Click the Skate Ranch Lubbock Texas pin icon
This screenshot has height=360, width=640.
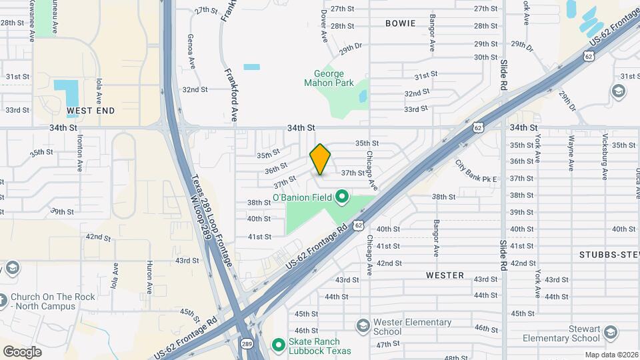(279, 345)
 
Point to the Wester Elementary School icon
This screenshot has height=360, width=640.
(363, 326)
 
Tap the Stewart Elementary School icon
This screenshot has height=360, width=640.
(611, 333)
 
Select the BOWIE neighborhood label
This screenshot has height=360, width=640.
(401, 23)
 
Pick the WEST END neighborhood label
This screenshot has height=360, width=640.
(91, 111)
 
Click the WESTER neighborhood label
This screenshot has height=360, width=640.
(445, 275)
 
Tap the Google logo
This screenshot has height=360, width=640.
(22, 351)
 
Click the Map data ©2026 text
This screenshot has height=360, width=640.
(611, 355)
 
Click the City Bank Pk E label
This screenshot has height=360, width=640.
(477, 171)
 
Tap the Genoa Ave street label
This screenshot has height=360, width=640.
(191, 51)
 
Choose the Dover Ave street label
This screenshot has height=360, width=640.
(323, 23)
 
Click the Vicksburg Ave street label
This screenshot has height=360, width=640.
(604, 159)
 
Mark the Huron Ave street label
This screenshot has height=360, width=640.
(149, 279)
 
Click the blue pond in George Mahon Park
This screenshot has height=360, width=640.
(363, 96)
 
